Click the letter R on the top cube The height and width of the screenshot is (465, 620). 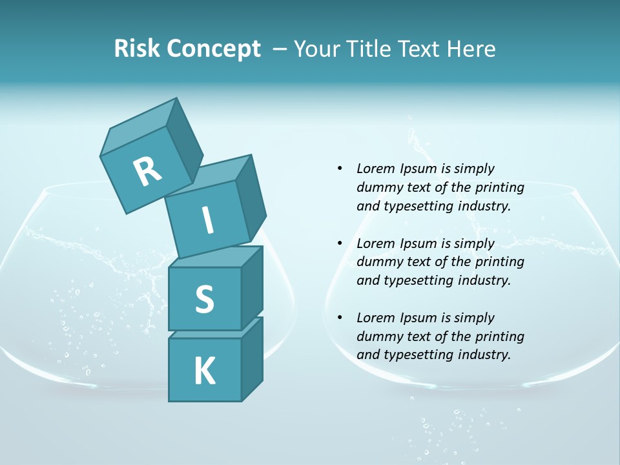pyautogui.click(x=147, y=171)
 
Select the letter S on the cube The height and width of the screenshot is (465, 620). pyautogui.click(x=204, y=299)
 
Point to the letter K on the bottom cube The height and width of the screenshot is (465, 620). pyautogui.click(x=204, y=371)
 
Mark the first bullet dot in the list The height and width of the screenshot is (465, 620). pyautogui.click(x=340, y=169)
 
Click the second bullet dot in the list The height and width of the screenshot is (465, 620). pyautogui.click(x=340, y=243)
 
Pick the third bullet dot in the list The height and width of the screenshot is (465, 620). pyautogui.click(x=340, y=318)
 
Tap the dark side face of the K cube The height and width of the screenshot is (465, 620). pyautogui.click(x=252, y=360)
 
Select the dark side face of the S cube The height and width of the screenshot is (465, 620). pyautogui.click(x=252, y=289)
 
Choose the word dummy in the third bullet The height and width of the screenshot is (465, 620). pyautogui.click(x=377, y=336)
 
